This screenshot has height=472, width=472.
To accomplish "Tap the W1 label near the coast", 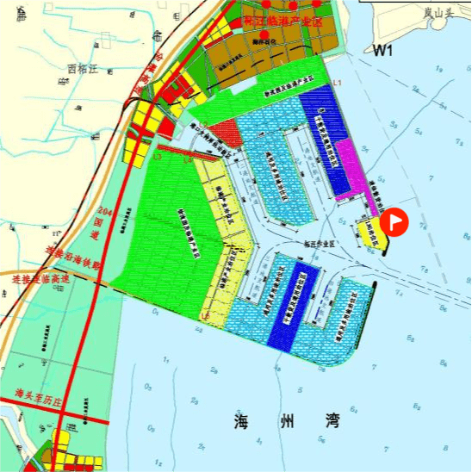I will point(383,52).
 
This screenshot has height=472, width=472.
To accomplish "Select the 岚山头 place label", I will point(438,12).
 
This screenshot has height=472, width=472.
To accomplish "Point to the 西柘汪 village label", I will point(84,68).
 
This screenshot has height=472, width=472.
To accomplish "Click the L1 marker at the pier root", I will point(338,82).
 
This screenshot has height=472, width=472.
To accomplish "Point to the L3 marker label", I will point(157,157).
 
